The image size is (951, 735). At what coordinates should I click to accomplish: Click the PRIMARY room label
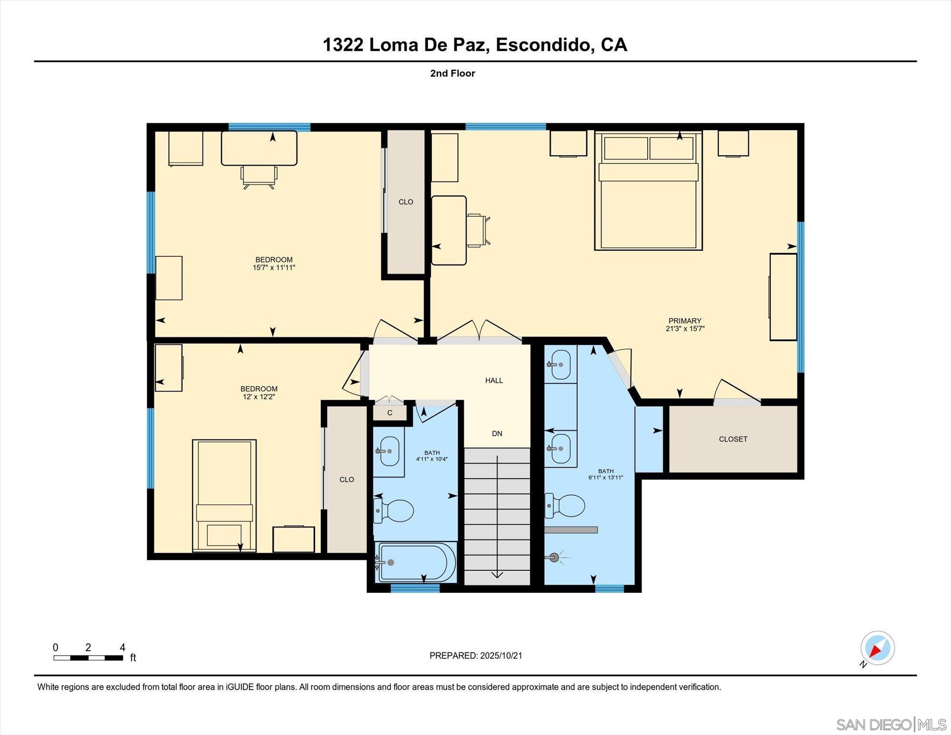(685, 321)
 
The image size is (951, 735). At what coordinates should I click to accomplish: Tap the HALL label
(494, 380)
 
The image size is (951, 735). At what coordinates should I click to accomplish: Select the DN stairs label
(497, 433)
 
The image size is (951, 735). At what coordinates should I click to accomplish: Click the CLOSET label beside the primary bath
(733, 439)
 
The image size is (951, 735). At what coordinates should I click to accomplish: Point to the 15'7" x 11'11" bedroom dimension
(274, 268)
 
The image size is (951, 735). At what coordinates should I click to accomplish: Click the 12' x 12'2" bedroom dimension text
(259, 397)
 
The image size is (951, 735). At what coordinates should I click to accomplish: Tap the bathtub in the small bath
(416, 562)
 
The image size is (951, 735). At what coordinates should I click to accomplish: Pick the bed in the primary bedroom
(648, 200)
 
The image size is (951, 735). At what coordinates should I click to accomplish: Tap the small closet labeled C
(389, 412)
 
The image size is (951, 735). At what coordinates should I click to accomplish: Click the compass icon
(877, 648)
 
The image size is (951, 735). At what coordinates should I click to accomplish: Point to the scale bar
(88, 658)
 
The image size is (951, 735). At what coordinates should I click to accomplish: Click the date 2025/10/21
(501, 656)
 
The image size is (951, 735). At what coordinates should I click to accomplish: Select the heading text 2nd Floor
(452, 73)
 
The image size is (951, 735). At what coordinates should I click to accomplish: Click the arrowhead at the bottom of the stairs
(497, 575)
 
